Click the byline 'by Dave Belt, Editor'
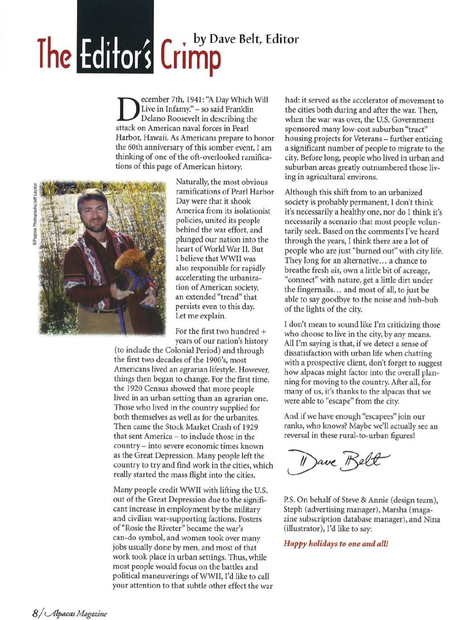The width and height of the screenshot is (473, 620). pyautogui.click(x=246, y=39)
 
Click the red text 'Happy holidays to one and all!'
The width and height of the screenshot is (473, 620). pyautogui.click(x=336, y=544)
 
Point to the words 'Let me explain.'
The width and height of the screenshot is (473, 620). pyautogui.click(x=200, y=316)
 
